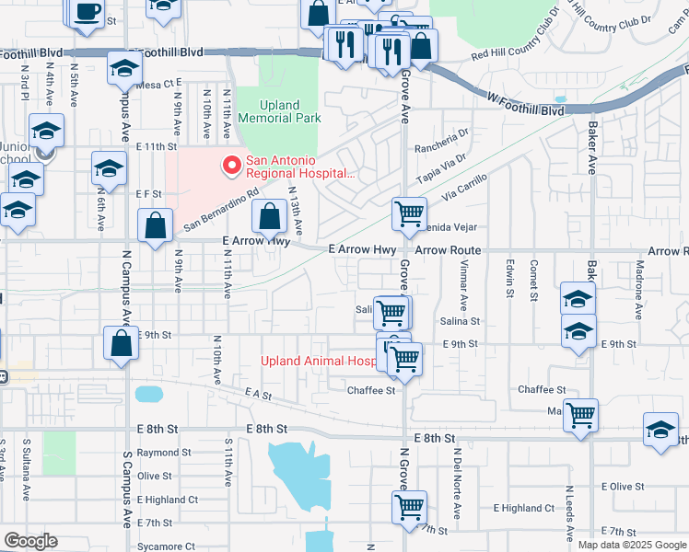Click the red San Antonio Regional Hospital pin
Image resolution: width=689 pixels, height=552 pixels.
tap(231, 167)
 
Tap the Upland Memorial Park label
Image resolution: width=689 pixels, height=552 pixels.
tap(279, 111)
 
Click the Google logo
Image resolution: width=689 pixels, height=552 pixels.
tap(30, 541)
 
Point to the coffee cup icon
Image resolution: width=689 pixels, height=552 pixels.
tap(87, 12)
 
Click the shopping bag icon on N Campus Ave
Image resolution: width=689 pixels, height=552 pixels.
tap(122, 344)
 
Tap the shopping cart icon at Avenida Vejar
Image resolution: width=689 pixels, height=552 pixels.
tap(408, 213)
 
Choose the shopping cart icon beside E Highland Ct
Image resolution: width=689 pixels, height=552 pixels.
tap(408, 505)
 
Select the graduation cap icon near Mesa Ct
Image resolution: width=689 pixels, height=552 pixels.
tap(124, 67)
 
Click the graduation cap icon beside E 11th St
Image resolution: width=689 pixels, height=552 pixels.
tap(109, 167)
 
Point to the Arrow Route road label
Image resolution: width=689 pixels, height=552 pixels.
tap(448, 250)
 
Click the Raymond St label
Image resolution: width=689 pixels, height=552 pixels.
tap(164, 453)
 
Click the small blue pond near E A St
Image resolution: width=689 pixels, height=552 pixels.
tap(148, 395)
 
